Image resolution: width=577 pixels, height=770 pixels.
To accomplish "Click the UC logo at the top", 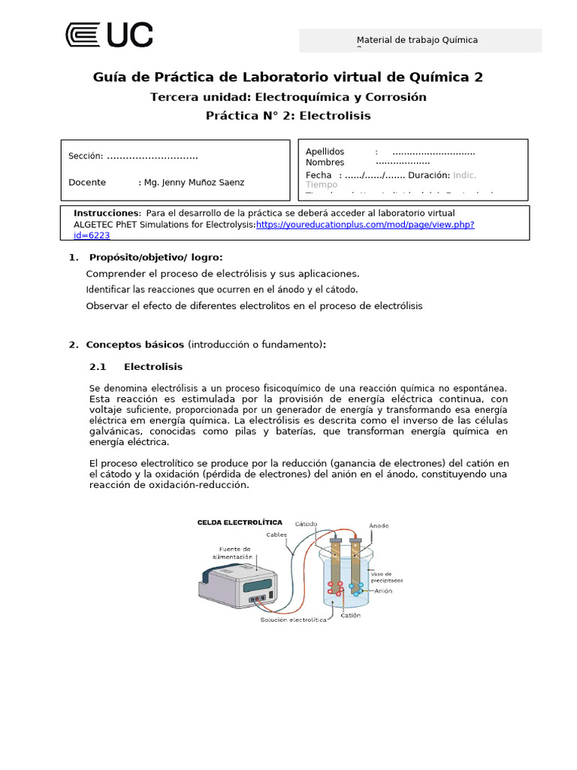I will (x=109, y=35).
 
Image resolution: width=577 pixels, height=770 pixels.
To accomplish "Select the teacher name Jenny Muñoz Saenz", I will (x=198, y=182).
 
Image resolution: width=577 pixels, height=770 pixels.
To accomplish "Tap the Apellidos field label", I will (x=325, y=151).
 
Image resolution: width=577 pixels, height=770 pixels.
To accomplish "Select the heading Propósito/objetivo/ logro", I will (x=154, y=257).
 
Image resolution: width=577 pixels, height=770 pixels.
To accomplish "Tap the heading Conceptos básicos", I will (x=134, y=344).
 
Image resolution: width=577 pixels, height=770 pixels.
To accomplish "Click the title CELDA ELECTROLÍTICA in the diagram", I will (x=240, y=522).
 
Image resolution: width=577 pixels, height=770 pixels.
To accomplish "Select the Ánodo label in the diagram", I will (x=379, y=526).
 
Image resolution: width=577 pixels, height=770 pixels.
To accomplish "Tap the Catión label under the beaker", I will (x=350, y=615).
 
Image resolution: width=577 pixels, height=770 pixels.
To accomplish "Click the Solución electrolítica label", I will (x=294, y=620).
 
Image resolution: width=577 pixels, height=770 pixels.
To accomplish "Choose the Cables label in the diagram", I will (x=276, y=535).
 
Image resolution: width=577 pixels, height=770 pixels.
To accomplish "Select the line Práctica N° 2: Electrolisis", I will (x=288, y=116).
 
